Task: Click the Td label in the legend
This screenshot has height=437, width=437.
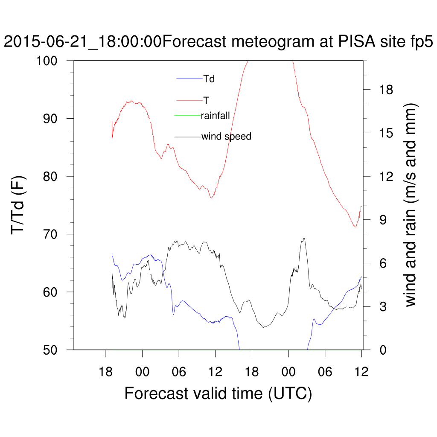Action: click(208, 79)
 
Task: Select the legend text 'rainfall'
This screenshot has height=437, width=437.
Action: click(216, 115)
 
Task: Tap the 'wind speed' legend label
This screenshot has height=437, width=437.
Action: click(226, 137)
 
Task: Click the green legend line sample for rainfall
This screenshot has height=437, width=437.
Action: click(188, 115)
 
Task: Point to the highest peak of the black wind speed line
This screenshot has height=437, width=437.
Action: click(304, 238)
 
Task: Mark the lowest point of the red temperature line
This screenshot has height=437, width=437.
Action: click(355, 227)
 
